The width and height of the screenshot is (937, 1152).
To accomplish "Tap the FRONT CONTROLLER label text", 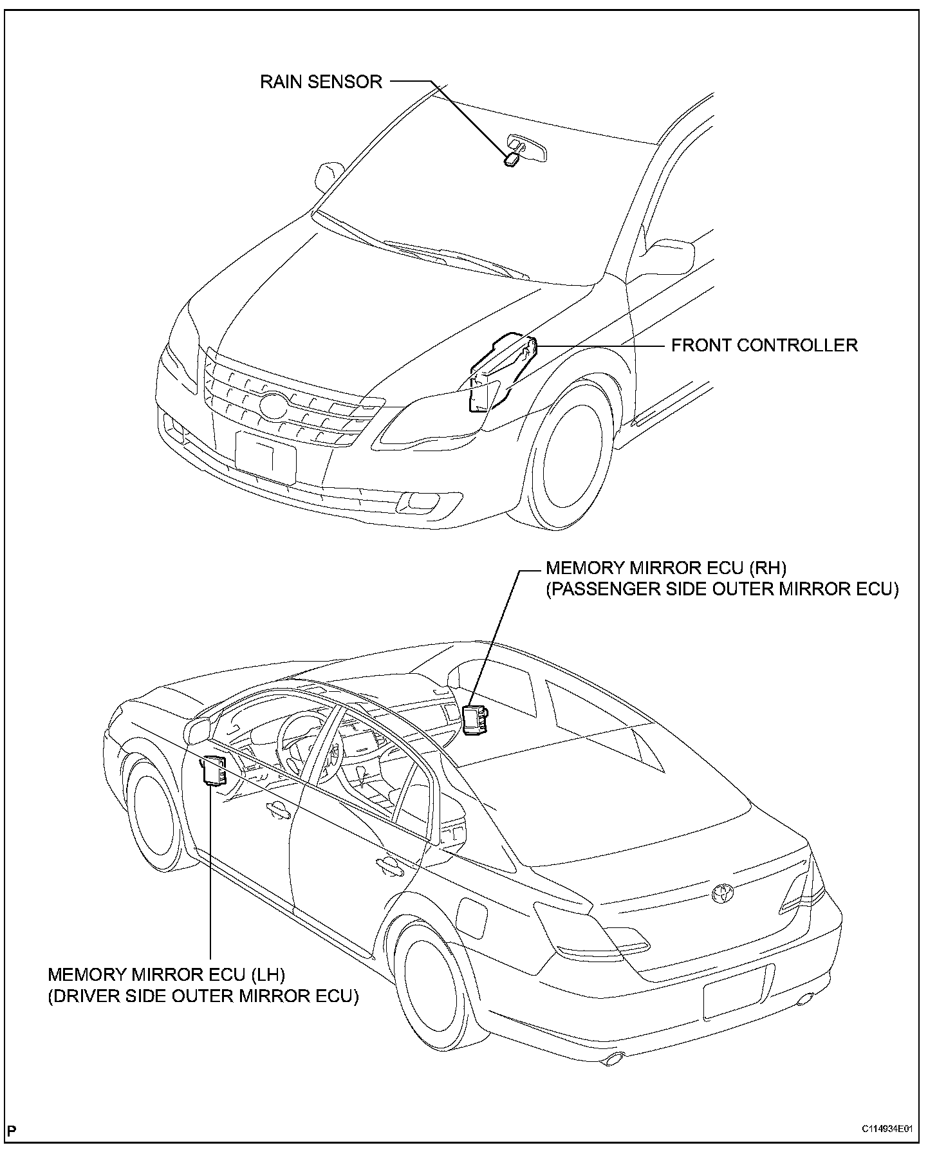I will coord(764,345).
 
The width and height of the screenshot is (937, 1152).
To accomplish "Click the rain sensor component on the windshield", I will coord(512,158).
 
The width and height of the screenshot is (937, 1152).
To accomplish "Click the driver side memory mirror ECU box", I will coord(215,770).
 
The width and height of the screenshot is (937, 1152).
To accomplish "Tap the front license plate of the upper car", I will coord(266,458).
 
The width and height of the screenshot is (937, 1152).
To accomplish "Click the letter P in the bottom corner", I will coord(14,1130).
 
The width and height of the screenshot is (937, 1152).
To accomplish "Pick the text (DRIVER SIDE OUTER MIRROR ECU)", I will coord(203,996).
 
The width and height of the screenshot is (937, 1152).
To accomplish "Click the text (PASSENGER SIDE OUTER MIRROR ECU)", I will coord(721,590).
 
